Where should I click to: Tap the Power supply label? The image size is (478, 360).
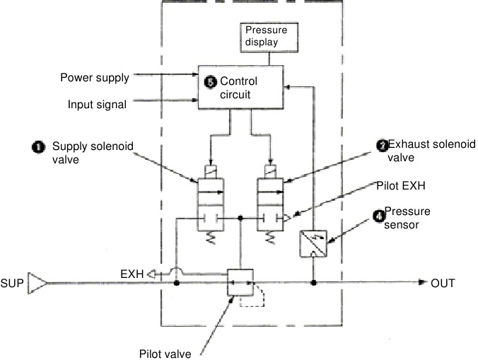pos(95,78)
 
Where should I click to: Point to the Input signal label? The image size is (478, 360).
pos(97,105)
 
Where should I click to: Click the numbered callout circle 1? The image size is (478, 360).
pos(38,147)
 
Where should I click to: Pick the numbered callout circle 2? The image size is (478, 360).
pos(383,146)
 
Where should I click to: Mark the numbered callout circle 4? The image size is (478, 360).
pos(379,216)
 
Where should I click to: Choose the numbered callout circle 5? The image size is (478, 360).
pos(210,82)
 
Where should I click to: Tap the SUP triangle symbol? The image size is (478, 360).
pos(37,283)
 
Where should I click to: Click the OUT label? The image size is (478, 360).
pos(443,283)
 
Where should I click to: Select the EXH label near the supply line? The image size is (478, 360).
pos(132,274)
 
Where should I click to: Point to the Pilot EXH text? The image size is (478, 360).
pos(401,185)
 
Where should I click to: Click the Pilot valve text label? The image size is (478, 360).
pos(165,354)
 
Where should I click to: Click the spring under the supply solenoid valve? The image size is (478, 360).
pos(211,238)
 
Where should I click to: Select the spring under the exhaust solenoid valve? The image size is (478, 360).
pos(270,238)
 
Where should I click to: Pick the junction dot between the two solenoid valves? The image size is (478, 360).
pos(240,218)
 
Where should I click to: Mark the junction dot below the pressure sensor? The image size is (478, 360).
pos(313,283)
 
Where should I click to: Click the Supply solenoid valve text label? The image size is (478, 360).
pos(93,153)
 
